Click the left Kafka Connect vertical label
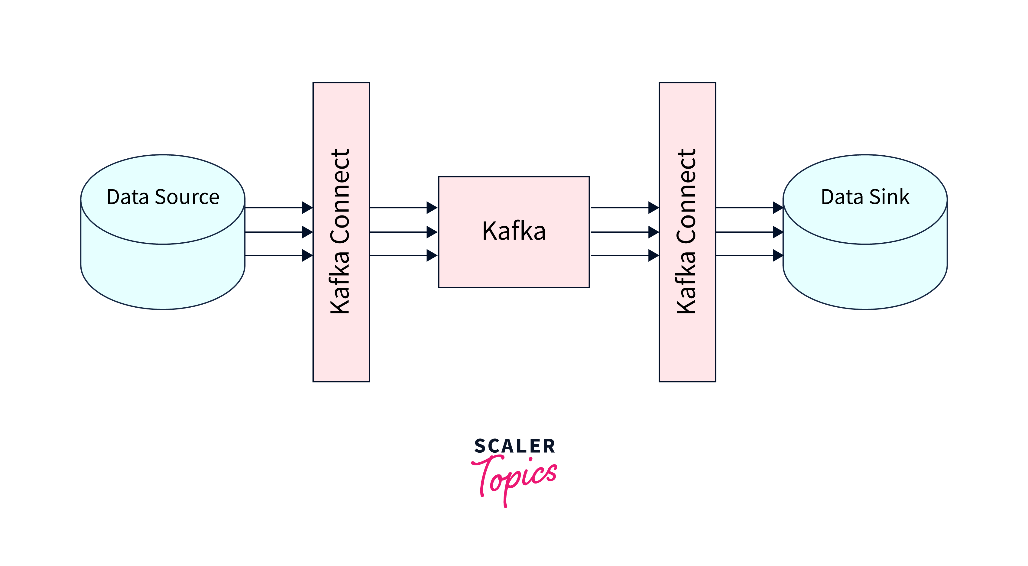pyautogui.click(x=340, y=231)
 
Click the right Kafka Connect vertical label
pyautogui.click(x=686, y=231)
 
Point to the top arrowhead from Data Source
pyautogui.click(x=307, y=207)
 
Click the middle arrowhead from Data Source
pyautogui.click(x=307, y=232)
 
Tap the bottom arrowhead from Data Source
pyautogui.click(x=307, y=255)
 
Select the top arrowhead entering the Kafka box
pyautogui.click(x=432, y=207)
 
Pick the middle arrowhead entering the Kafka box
pyautogui.click(x=432, y=232)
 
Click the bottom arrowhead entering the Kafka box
pyautogui.click(x=432, y=255)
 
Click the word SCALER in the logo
pyautogui.click(x=514, y=446)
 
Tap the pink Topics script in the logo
pyautogui.click(x=515, y=477)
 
